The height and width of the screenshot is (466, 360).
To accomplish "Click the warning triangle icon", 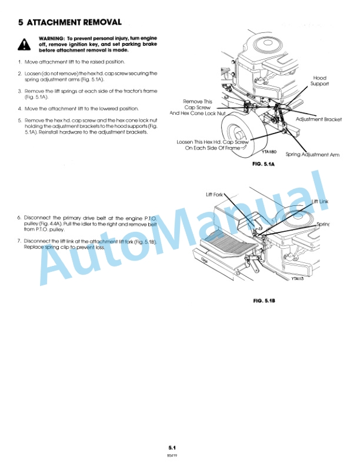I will click(22, 44).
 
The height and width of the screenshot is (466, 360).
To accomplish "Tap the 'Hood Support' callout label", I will click(319, 81).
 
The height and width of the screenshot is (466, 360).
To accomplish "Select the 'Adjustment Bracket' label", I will click(318, 119).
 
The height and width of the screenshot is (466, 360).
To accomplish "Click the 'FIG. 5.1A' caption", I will click(264, 166).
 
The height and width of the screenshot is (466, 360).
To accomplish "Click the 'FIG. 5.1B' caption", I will click(264, 301).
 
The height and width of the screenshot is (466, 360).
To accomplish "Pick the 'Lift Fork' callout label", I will click(214, 194).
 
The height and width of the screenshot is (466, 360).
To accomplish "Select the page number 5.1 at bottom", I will click(173, 448).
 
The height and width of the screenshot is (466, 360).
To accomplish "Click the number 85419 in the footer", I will click(173, 455).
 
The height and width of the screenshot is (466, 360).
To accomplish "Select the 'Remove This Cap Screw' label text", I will click(198, 104).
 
